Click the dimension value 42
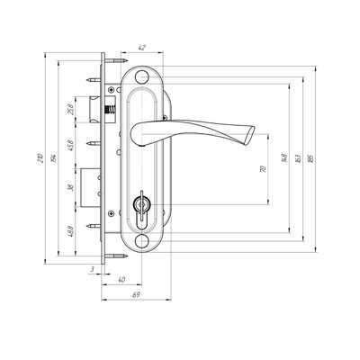tap(141, 48)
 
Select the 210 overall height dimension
tap(40, 158)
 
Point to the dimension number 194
tap(54, 158)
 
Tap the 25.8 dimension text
tap(70, 109)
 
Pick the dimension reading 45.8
tap(70, 145)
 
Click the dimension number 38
tap(70, 188)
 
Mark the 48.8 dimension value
tap(70, 231)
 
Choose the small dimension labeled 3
tap(93, 269)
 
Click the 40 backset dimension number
tap(121, 280)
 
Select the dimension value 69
tap(136, 295)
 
